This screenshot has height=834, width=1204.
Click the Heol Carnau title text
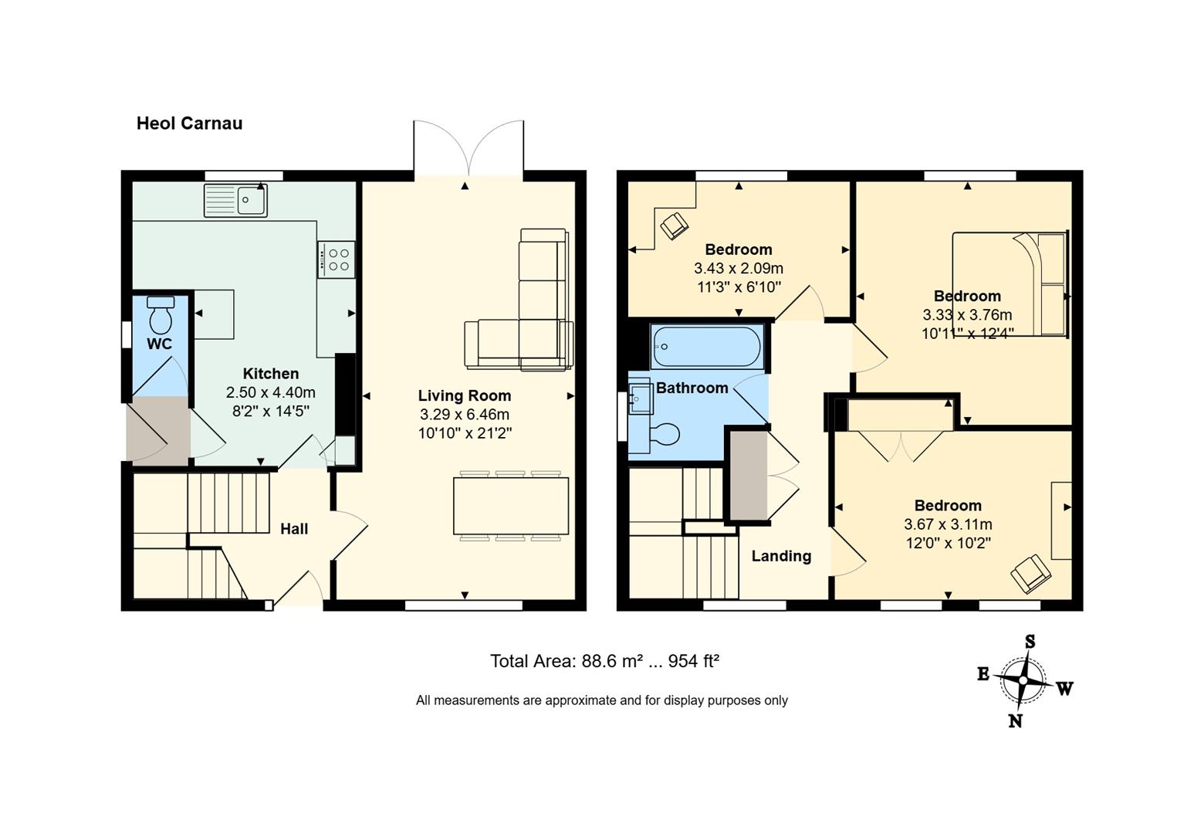pyautogui.click(x=189, y=123)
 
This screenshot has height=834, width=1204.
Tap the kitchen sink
pyautogui.click(x=235, y=201)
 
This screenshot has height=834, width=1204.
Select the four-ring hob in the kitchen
pyautogui.click(x=336, y=259)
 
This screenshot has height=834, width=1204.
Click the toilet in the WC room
pyautogui.click(x=161, y=314)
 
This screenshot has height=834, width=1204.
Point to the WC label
pyautogui.click(x=160, y=344)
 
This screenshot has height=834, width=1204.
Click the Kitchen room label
pyautogui.click(x=270, y=374)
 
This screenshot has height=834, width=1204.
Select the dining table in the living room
pyautogui.click(x=511, y=506)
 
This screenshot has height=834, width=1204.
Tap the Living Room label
pyautogui.click(x=465, y=395)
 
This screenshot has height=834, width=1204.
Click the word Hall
pyautogui.click(x=294, y=529)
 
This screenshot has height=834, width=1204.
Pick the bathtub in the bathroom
pyautogui.click(x=707, y=346)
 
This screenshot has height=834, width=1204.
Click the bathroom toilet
pyautogui.click(x=665, y=435)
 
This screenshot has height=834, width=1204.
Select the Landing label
pyautogui.click(x=781, y=556)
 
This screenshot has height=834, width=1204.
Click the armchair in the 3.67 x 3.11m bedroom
pyautogui.click(x=1030, y=574)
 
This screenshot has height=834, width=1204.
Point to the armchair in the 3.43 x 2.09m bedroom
pyautogui.click(x=674, y=225)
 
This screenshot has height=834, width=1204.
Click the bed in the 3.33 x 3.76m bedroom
pyautogui.click(x=1010, y=284)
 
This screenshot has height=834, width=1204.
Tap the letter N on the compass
pyautogui.click(x=1015, y=720)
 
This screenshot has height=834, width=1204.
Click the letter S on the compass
pyautogui.click(x=1030, y=642)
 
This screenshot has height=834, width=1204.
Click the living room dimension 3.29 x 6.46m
pyautogui.click(x=465, y=415)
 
